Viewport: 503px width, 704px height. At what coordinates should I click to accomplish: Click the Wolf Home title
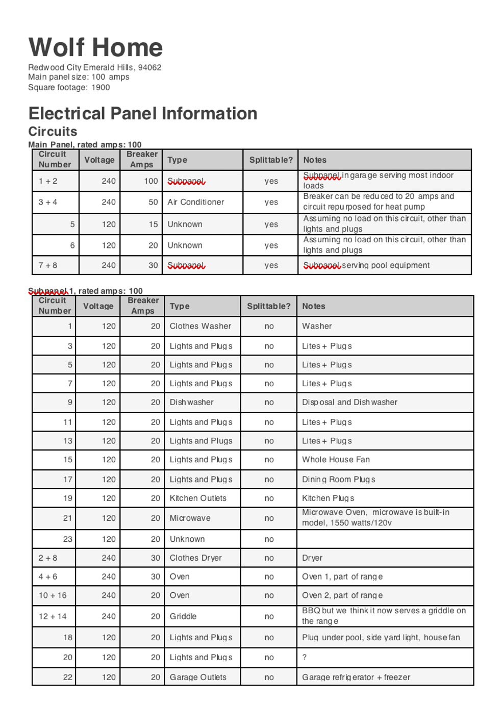coord(95,47)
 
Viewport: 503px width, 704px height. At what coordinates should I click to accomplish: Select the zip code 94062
coord(149,67)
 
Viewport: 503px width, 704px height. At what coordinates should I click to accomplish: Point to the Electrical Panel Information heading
coord(143,113)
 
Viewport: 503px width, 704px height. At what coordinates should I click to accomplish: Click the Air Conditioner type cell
coord(195,202)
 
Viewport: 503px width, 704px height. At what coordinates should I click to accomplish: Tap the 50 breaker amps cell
coord(153,202)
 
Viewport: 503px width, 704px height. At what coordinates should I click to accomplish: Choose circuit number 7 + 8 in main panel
coord(48,265)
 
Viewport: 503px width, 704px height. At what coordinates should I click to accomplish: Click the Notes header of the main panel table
coord(315,160)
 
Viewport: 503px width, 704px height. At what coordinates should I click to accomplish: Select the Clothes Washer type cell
coord(200,326)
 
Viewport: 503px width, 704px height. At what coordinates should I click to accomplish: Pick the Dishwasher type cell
coord(191,402)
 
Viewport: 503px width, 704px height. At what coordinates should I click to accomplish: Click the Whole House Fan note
coord(336,459)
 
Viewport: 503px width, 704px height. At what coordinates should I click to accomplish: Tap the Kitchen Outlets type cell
coord(198,498)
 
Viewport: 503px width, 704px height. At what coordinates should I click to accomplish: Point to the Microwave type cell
coord(190,518)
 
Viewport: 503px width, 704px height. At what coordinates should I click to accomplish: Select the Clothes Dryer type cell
coord(195,558)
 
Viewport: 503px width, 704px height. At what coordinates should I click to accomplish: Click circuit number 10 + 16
coord(53,595)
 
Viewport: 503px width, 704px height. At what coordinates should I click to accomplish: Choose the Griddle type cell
coord(183,616)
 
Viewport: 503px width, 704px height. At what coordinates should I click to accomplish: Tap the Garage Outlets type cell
coord(198,677)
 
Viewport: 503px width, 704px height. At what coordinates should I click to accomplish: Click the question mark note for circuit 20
coord(305,658)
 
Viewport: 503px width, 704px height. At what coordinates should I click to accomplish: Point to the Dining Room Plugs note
coord(338,480)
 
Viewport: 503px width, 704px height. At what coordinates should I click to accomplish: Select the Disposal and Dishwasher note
coord(349,402)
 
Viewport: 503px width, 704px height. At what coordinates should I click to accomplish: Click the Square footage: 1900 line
coord(69,87)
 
